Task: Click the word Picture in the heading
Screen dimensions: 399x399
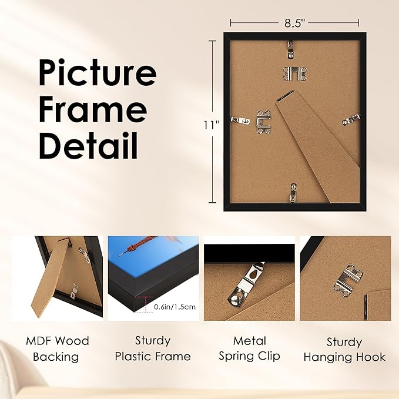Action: coord(97,74)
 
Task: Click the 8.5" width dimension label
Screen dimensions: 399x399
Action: coord(294,23)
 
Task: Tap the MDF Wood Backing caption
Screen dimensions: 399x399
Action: coord(57,348)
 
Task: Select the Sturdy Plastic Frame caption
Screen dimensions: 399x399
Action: coord(152,348)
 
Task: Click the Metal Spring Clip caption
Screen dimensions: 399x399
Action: coord(249,348)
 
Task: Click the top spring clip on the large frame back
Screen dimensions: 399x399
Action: coord(292,48)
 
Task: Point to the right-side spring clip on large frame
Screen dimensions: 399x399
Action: coord(351,119)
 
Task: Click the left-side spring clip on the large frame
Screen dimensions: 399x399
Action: coord(239,120)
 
